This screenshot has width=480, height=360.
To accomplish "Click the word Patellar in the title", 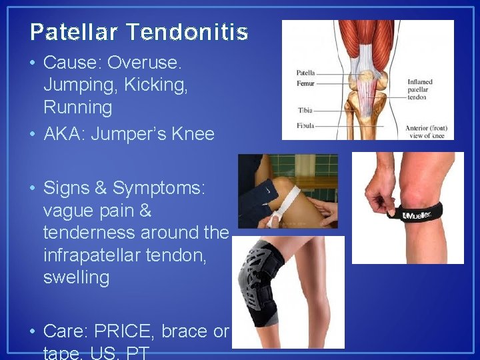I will [x=74, y=32].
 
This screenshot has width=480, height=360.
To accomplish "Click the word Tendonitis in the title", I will [x=186, y=32].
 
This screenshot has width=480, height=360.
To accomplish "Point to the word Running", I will [x=78, y=107].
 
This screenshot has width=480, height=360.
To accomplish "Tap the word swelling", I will [x=76, y=277].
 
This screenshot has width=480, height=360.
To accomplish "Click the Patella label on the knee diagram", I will [x=305, y=73].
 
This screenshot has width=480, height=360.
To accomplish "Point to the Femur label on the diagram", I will [x=305, y=83].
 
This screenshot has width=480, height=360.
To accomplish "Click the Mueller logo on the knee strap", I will [x=416, y=214].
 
